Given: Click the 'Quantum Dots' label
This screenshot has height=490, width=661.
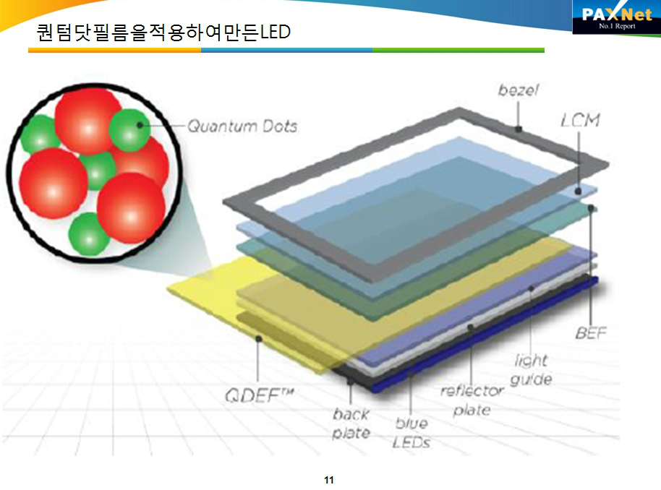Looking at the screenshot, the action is point(242,126).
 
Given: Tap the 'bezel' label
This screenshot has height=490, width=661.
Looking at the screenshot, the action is point(518,90).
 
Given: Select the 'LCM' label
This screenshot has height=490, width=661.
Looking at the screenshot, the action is point(580,120).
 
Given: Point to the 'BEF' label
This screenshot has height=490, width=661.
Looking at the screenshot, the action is point(591,333).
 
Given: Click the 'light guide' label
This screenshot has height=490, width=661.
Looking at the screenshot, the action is point(531,369).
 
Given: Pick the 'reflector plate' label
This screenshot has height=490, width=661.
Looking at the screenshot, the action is point(472,400).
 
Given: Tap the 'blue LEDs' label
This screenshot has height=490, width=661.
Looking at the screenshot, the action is point(411,433).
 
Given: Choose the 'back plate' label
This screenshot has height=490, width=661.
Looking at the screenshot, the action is point(351,423).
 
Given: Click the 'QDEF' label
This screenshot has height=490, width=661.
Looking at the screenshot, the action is point(259,395).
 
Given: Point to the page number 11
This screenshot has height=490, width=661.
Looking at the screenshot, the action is point(329,480).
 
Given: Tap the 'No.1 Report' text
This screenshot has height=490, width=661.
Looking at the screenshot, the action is point(617,26).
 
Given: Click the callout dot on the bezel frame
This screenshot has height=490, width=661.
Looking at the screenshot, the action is point(519,129).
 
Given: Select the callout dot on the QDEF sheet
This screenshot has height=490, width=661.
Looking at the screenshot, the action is point(259,339).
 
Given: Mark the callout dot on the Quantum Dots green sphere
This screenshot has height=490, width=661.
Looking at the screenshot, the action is point(140,125).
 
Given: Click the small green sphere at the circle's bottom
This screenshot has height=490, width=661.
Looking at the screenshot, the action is point(89,234).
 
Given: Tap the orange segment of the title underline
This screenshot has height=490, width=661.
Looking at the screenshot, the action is point(115,50).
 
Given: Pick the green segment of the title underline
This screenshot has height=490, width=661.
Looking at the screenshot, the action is point(459,50).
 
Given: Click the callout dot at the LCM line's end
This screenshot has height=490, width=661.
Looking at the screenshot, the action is point(579,192).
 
